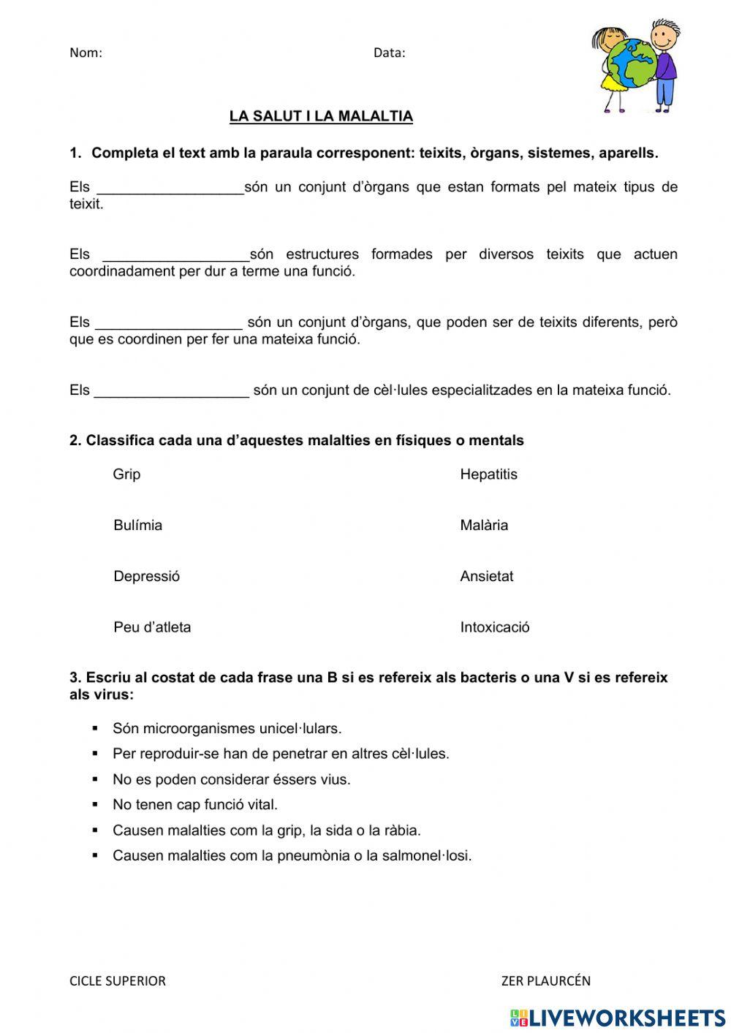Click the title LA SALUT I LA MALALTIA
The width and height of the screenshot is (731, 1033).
tap(321, 116)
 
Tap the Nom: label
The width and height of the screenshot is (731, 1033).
tap(86, 53)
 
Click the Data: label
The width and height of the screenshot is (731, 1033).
tap(389, 53)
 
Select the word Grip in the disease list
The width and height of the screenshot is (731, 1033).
tap(126, 474)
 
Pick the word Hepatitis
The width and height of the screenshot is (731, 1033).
tap(488, 474)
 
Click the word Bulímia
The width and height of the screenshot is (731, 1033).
tap(137, 526)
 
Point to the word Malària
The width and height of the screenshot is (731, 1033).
tap(484, 526)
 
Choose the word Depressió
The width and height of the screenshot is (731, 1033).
tap(146, 576)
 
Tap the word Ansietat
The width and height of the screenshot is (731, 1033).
tap(486, 576)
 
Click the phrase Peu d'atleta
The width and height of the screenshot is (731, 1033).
tap(152, 627)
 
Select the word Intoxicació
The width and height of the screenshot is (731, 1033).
tap(495, 627)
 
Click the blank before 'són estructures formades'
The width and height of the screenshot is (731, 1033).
tap(176, 256)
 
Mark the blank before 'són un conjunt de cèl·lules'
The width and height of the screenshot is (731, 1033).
tap(172, 392)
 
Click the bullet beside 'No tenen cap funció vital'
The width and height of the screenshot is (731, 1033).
tap(95, 805)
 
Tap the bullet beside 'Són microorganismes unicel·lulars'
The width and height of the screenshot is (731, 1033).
tap(95, 729)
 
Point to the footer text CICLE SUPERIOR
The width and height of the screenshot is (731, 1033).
tap(118, 981)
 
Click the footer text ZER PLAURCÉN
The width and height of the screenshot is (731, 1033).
tap(545, 981)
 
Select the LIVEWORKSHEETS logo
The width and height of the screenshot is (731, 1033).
tap(618, 1018)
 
